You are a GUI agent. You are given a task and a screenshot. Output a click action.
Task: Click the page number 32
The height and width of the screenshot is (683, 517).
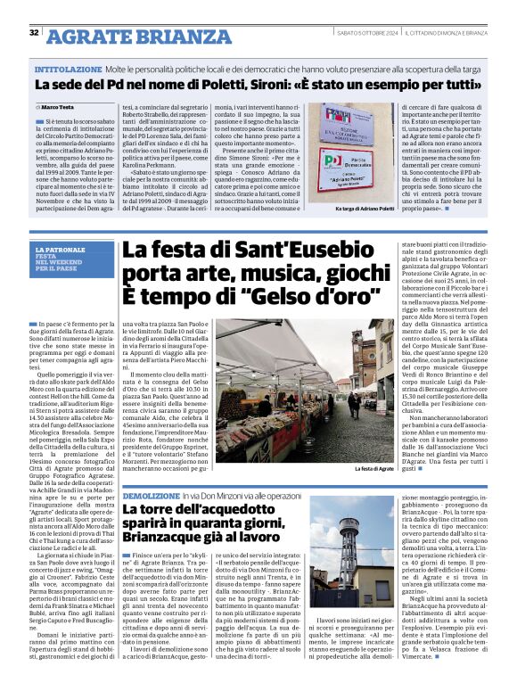pos(34,33)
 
